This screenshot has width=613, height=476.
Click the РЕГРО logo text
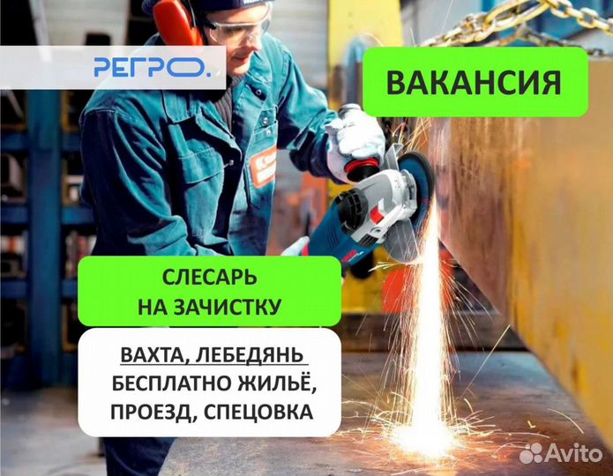[x=152, y=67]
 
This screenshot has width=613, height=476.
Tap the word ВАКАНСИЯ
[x=474, y=83]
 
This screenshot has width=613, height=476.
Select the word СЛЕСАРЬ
[x=210, y=278]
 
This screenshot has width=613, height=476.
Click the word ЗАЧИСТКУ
[x=228, y=307]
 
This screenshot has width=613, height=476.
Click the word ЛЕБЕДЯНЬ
[x=250, y=355]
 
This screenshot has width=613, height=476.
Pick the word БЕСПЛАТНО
[x=171, y=383]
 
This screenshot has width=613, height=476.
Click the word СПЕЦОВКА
[x=258, y=413]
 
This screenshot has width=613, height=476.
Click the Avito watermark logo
[x=560, y=453]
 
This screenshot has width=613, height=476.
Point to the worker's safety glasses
[x=237, y=26]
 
